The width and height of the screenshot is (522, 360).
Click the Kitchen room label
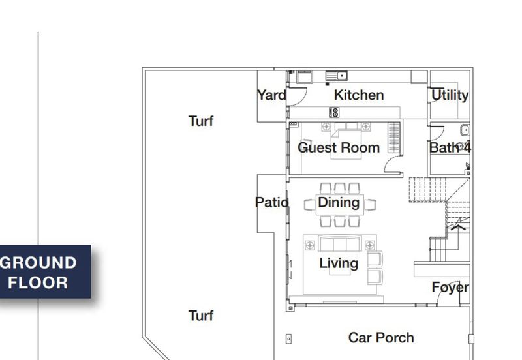pos(359,95)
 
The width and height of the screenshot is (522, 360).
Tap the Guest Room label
pos(339,148)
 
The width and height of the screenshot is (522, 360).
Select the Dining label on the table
pos(339,202)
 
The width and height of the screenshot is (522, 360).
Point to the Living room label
pos(339,263)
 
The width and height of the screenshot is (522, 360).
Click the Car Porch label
pos(381,338)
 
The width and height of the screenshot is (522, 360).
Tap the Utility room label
pos(450,95)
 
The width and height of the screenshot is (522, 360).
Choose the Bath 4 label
pos(450,147)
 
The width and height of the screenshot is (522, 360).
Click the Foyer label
pos(450,288)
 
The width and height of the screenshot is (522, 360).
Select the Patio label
pos(271,202)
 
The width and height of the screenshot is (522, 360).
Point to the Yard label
pos(271,95)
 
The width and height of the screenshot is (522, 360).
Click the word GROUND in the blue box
pos(38,263)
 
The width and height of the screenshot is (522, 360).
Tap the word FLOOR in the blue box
pos(38,283)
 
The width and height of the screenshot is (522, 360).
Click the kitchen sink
pos(337,76)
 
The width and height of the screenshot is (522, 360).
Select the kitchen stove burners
pos(334,112)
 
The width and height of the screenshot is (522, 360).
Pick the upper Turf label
pos(201,121)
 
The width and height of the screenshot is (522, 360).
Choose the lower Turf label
pos(201,316)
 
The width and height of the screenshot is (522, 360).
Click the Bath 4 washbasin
pos(465,130)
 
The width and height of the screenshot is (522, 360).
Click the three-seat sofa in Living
pos(340,243)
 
